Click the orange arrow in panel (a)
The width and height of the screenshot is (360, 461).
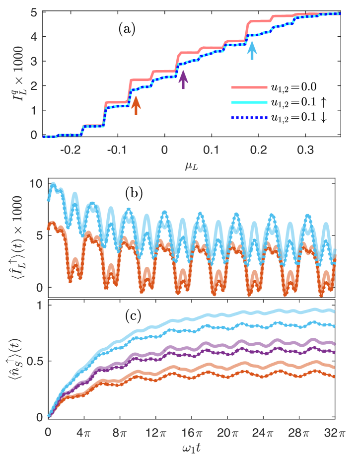tap(136, 105)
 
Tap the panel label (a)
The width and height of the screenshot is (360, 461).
tap(127, 29)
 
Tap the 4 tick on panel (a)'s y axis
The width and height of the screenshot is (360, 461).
tap(36, 36)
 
